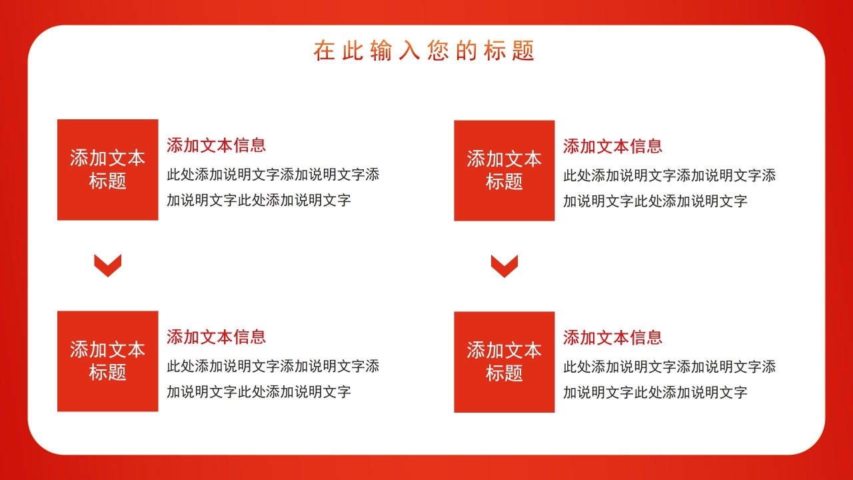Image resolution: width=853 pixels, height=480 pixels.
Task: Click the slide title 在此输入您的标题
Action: [x=424, y=51]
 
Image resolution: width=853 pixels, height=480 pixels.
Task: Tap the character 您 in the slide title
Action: [x=438, y=51]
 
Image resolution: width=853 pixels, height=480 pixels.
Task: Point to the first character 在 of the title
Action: [x=325, y=51]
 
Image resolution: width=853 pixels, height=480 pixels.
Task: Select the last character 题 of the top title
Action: [x=524, y=51]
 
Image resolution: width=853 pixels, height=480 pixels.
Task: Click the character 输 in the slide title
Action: [x=381, y=51]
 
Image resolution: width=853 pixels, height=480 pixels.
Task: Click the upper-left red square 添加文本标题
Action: [x=108, y=169]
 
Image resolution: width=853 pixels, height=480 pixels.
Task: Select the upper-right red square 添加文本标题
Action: [x=504, y=170]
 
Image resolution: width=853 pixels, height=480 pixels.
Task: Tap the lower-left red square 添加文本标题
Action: [x=108, y=361]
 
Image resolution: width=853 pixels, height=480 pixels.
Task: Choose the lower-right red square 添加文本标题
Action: [x=504, y=361]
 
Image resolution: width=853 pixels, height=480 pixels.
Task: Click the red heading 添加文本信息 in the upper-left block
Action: [x=216, y=145]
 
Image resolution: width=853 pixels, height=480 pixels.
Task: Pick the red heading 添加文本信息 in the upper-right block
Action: [x=612, y=145]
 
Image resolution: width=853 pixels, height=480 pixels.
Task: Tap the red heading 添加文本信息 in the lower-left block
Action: [x=216, y=337]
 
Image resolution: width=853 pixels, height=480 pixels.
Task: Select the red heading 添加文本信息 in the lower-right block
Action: [x=612, y=337]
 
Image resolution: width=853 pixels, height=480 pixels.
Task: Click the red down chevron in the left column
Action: [x=108, y=265]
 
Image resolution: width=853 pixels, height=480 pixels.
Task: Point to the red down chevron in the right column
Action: [x=504, y=266]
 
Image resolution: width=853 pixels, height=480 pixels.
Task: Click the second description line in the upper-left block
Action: [x=259, y=200]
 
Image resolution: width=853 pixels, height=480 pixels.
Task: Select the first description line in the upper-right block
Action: [x=669, y=176]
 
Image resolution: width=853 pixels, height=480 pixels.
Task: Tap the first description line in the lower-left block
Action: [x=273, y=366]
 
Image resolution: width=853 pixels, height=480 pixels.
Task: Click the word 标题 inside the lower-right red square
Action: [x=504, y=373]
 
